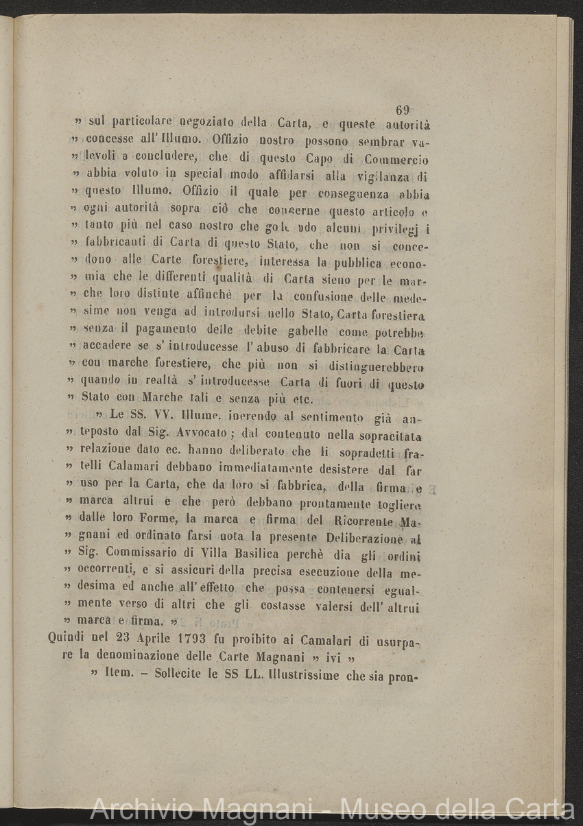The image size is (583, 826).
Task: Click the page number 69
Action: click(x=403, y=110)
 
